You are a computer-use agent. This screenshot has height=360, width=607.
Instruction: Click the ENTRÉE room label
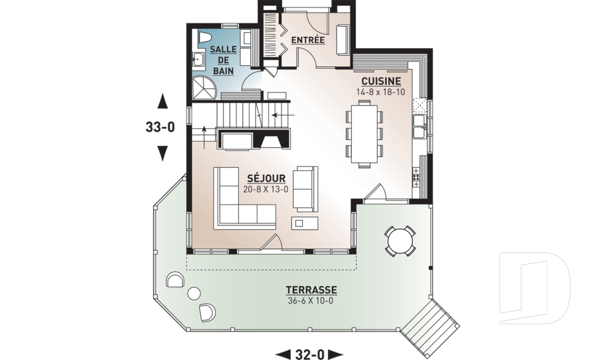tap(308, 40)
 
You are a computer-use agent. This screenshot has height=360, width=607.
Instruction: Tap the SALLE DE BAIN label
tap(223, 60)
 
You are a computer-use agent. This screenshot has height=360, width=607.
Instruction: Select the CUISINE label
tap(381, 82)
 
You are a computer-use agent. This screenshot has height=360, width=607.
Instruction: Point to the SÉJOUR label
tap(266, 178)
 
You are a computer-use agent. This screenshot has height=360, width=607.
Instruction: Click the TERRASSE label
tap(311, 290)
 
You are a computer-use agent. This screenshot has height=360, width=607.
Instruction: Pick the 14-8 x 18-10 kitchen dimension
tap(381, 92)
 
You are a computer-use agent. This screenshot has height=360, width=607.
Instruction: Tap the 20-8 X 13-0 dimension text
tap(266, 189)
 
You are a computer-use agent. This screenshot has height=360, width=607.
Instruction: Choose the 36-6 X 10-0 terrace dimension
tap(311, 301)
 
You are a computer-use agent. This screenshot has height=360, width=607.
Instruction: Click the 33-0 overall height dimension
tap(160, 127)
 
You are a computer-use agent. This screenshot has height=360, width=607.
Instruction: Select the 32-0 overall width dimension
tap(309, 354)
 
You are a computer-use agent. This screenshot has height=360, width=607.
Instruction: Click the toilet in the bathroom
tap(205, 37)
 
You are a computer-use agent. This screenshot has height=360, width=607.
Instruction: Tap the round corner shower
tap(204, 87)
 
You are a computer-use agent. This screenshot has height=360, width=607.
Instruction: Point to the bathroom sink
tap(199, 60)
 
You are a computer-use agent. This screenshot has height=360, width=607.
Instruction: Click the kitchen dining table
tap(364, 133)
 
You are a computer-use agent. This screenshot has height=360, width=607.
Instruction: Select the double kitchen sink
tap(419, 126)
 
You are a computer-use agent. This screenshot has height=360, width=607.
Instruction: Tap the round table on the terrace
tap(400, 240)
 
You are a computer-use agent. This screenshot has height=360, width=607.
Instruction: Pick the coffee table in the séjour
tap(305, 223)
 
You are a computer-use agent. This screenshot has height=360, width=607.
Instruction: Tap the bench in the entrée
tap(343, 39)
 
